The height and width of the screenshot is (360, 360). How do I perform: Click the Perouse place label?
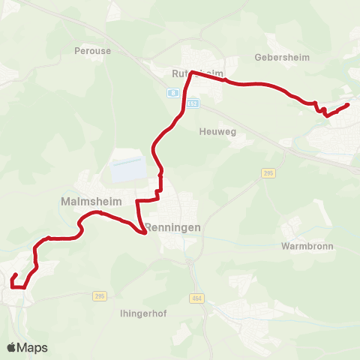92,51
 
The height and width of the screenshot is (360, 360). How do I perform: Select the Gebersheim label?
283,57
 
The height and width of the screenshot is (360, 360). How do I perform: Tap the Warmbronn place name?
307,246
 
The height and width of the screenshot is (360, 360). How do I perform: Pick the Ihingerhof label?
142,313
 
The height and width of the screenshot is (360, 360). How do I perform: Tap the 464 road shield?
196,298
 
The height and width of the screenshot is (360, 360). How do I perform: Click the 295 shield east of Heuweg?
269,173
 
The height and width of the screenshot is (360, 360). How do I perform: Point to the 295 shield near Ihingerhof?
100,295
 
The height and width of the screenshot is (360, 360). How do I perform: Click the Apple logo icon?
11,347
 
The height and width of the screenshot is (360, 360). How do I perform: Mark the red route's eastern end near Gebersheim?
349,105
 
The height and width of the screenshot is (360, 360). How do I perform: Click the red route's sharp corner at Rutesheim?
192,72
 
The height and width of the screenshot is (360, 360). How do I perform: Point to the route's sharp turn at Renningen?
144,232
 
